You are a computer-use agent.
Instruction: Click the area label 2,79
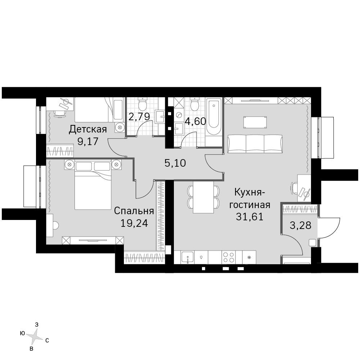click(x=139, y=117)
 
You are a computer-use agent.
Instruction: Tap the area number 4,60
click(x=195, y=121)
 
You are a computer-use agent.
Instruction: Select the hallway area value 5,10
click(x=175, y=163)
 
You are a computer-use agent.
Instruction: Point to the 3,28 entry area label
click(x=300, y=225)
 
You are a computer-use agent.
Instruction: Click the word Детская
click(x=88, y=129)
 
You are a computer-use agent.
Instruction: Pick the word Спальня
click(x=134, y=211)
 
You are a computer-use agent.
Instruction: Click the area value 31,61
click(x=249, y=216)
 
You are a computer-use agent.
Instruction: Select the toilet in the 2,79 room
click(x=142, y=104)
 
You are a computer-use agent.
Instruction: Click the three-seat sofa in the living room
click(x=255, y=144)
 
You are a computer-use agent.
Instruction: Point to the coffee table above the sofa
click(x=255, y=122)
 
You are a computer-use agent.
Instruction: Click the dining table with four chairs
click(x=203, y=197)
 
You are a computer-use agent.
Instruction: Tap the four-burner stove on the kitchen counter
click(x=229, y=257)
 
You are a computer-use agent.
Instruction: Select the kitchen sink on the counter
click(x=188, y=257)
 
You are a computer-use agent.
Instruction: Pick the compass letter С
click(x=47, y=341)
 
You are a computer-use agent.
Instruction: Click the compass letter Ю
click(x=22, y=333)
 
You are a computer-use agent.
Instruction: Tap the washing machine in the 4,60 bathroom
click(x=179, y=114)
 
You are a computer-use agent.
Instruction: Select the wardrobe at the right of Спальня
click(x=161, y=216)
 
